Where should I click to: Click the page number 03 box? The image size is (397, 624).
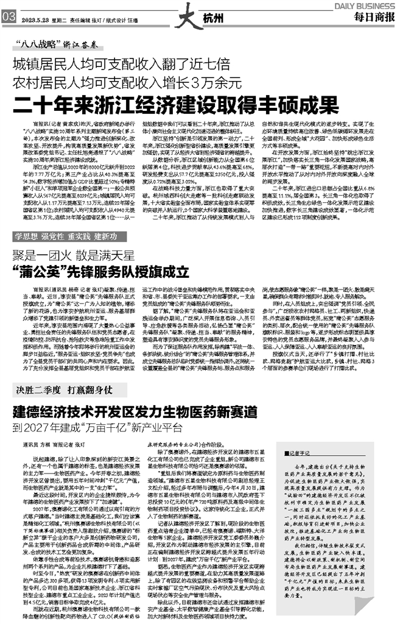pyautogui.click(x=8, y=19)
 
